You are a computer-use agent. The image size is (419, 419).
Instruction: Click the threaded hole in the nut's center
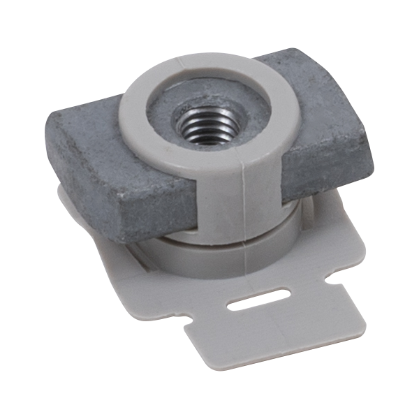(x=204, y=128)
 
